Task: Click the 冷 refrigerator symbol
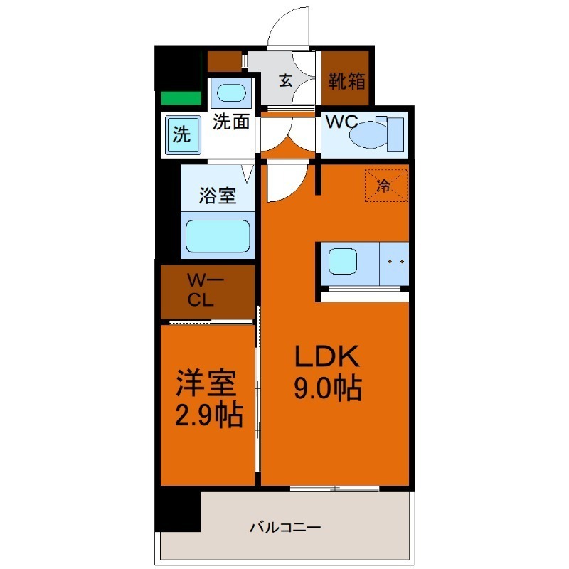(385, 187)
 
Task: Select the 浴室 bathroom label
(217, 196)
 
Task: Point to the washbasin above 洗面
(230, 93)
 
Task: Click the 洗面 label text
(231, 122)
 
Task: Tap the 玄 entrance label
(284, 81)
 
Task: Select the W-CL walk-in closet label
(206, 290)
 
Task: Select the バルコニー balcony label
(284, 528)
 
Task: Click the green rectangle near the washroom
(180, 98)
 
